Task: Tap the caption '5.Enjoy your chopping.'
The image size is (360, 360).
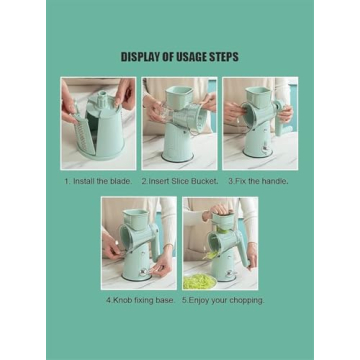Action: pyautogui.click(x=220, y=299)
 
